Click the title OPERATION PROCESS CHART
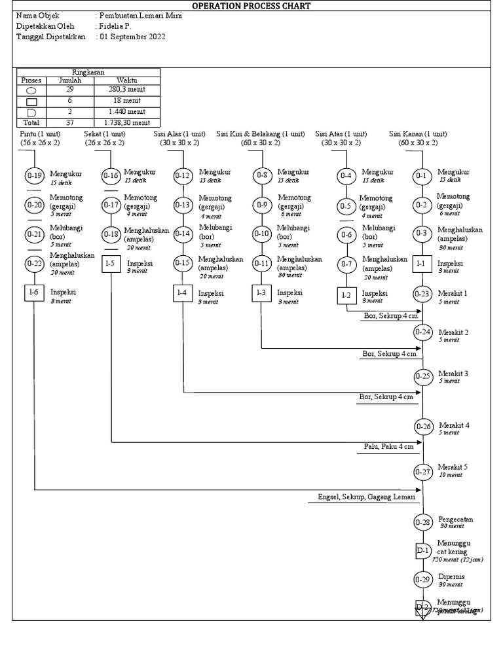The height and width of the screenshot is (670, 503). click(251, 6)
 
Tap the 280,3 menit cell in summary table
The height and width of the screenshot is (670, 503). click(128, 90)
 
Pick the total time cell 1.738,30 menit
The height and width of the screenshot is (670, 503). click(128, 122)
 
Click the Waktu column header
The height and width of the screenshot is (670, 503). click(128, 80)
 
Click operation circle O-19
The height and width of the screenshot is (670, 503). click(34, 175)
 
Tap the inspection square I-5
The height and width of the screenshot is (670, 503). click(111, 264)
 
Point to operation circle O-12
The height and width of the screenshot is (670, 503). click(183, 175)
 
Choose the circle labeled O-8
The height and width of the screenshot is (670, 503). click(262, 175)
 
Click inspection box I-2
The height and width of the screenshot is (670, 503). click(347, 295)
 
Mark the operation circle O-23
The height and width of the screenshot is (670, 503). click(423, 294)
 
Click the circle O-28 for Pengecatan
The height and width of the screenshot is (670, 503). click(423, 522)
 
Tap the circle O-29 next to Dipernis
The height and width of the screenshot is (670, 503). click(423, 579)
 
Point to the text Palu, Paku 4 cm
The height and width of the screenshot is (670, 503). click(389, 447)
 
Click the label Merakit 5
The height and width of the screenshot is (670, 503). click(453, 467)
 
